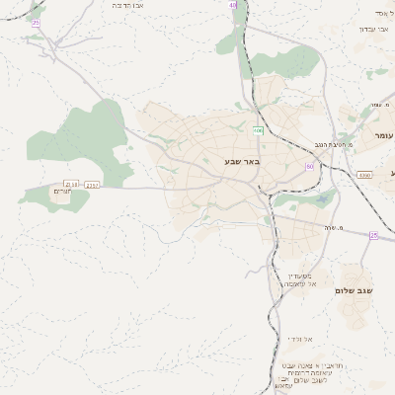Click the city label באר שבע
coord(241,161)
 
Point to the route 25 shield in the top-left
coord(37,22)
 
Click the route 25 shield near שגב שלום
coord(374,235)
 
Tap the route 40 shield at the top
coord(233,5)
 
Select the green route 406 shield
coord(258,129)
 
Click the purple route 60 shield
coord(310,166)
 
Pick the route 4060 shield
coord(364,175)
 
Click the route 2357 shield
coord(93,185)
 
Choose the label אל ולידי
coord(297,338)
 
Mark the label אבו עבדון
coord(374,29)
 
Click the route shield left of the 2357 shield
coord(71,184)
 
